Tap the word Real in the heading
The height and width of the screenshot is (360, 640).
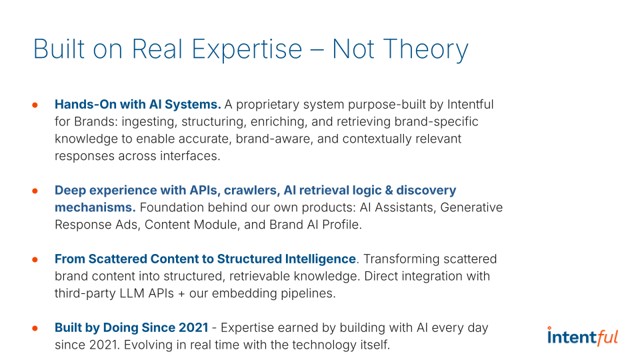coord(157,49)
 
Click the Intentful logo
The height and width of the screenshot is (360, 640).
coord(583,336)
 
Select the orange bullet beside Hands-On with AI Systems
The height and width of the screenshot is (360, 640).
coord(35,105)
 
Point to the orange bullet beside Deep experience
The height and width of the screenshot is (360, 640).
coord(35,191)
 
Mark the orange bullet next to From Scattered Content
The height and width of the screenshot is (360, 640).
coord(35,259)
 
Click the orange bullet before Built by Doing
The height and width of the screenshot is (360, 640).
coord(35,328)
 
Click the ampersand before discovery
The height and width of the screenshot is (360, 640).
coord(389,191)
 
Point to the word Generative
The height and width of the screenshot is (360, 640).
coord(471,207)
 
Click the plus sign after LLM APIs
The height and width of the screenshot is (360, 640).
coord(181,294)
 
